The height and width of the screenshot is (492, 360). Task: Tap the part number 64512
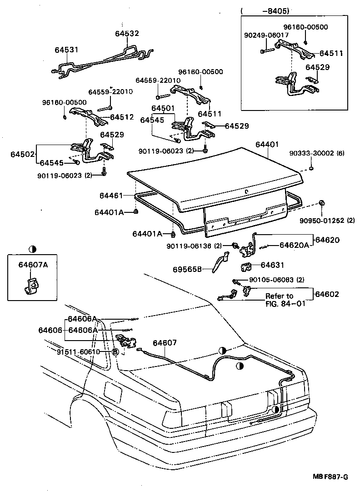[121, 117]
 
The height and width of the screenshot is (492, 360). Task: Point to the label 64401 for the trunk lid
[267, 145]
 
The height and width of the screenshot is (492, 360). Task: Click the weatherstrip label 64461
[111, 196]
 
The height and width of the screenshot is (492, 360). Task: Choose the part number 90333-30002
[311, 153]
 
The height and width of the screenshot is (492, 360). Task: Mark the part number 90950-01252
[320, 221]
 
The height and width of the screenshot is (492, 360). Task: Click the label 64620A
[294, 245]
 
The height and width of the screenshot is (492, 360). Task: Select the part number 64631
[272, 265]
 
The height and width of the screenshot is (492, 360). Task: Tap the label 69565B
[186, 269]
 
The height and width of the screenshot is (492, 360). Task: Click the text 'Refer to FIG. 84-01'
[280, 300]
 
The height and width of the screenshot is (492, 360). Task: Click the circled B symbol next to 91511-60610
[115, 352]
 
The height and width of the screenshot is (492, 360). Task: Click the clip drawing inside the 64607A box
[31, 286]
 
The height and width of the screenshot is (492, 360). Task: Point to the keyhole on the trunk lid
[246, 191]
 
